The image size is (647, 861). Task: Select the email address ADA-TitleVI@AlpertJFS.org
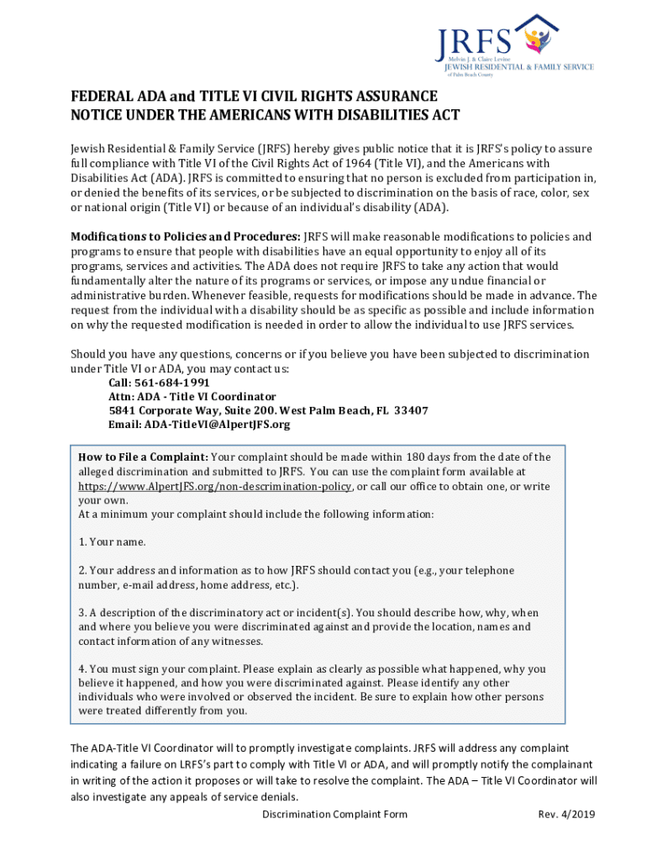coord(199,425)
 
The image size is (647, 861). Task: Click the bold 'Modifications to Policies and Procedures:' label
coord(185,236)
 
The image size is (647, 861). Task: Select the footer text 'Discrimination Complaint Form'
coord(334,814)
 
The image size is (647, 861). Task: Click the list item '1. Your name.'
coord(112,541)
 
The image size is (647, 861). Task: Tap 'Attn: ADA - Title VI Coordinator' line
coord(192,397)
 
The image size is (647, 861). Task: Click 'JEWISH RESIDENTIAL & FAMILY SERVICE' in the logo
coord(518,67)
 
